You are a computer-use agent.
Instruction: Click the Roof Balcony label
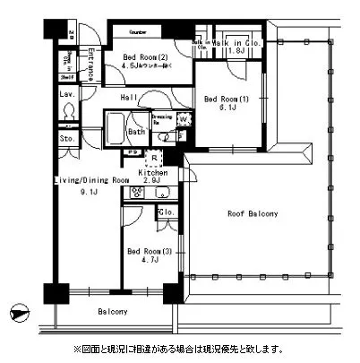252,214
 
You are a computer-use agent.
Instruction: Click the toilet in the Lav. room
68,111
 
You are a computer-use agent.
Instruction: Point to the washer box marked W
183,119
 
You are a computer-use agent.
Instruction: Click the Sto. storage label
67,139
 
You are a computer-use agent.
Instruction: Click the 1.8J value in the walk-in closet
236,51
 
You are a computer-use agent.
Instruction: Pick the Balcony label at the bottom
112,311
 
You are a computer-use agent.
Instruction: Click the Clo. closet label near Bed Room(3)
166,212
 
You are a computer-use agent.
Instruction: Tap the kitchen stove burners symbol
138,192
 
